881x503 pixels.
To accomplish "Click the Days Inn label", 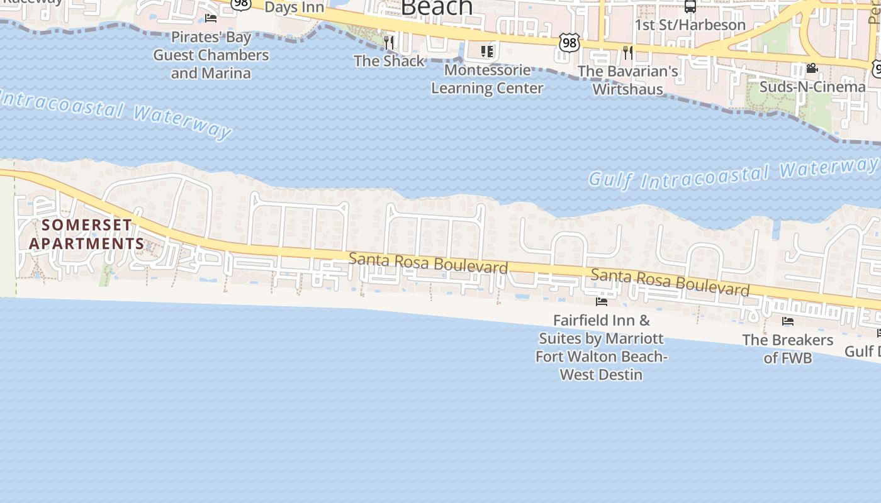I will [x=295, y=8].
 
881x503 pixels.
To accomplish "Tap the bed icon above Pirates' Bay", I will [x=211, y=18].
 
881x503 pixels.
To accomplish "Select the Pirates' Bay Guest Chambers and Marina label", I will [x=211, y=55].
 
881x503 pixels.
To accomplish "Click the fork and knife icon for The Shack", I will [x=389, y=43].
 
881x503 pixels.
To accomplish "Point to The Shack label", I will [x=389, y=61].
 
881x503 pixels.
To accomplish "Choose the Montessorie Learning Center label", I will [x=487, y=79].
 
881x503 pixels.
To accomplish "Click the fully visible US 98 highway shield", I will [x=569, y=43].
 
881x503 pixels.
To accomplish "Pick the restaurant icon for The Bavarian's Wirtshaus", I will [x=627, y=52].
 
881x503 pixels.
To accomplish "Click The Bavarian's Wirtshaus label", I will [x=628, y=80].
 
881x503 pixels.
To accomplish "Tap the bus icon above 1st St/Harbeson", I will [x=690, y=6].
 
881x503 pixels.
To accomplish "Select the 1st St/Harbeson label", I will [x=690, y=25].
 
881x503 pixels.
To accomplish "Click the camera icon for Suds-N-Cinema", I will [x=812, y=68].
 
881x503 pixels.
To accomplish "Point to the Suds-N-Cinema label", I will [x=812, y=86].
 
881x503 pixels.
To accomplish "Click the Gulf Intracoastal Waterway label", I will [x=733, y=174].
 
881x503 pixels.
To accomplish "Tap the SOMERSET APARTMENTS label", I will [x=87, y=234].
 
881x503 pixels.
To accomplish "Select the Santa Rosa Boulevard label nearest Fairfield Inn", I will [x=670, y=282].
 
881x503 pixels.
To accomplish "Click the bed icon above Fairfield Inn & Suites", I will [x=602, y=302].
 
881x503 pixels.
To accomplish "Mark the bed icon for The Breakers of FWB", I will [x=788, y=321].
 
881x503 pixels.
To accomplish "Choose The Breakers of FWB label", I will [x=788, y=349].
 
